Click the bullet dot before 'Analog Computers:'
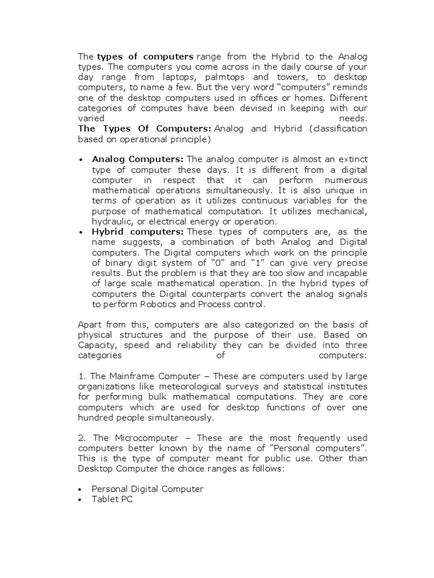point(81,160)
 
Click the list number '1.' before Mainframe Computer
point(81,376)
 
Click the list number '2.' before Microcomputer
point(81,438)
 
